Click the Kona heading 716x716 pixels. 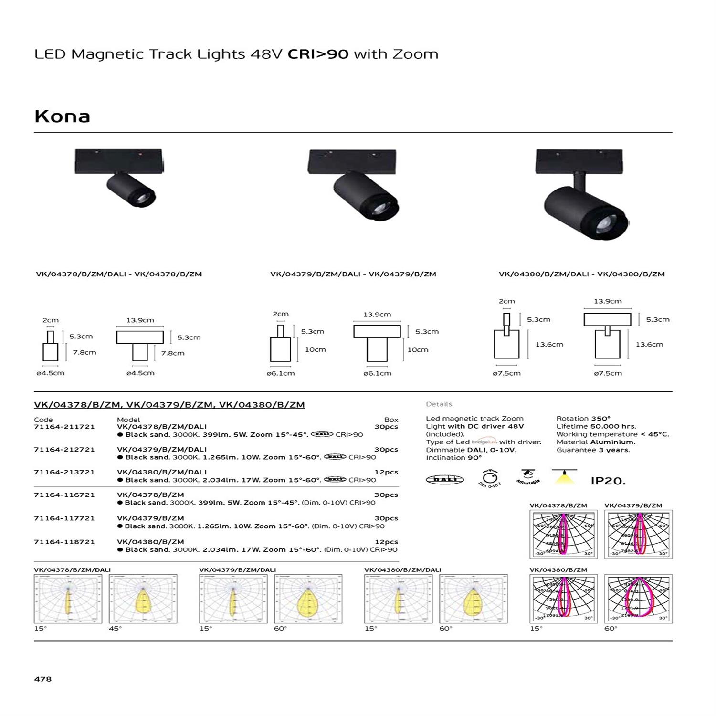point(63,116)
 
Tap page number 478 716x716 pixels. point(43,679)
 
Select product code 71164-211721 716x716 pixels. point(64,427)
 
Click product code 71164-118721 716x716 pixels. point(64,542)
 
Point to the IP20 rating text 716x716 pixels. point(608,481)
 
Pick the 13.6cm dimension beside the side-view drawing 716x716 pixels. point(549,344)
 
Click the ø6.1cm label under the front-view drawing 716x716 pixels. point(377,373)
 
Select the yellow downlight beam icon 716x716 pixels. point(564,477)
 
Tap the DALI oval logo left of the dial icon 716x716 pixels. point(444,479)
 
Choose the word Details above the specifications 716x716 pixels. point(439,404)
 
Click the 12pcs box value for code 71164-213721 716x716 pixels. point(386,472)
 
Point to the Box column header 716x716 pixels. point(391,420)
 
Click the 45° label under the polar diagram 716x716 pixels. point(116,629)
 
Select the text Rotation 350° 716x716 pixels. point(583,419)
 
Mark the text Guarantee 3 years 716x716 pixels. point(593,450)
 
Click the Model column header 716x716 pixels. point(128,420)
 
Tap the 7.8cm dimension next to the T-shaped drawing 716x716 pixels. point(173,353)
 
